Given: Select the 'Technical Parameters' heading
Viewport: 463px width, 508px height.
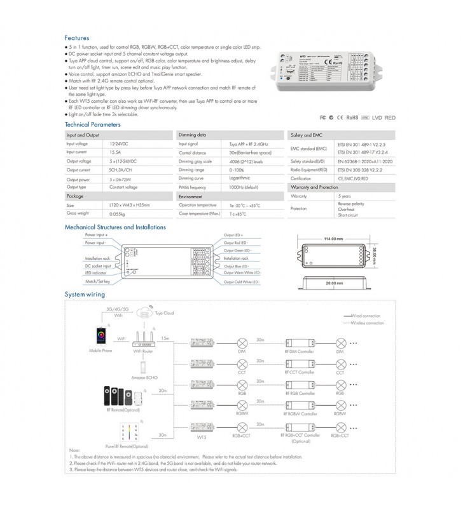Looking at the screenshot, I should tap(93, 125).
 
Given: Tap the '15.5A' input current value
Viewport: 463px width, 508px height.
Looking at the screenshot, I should tap(116, 153).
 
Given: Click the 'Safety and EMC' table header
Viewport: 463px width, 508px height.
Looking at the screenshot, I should tap(306, 135).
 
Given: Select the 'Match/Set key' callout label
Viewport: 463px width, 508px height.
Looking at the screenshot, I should tap(98, 281).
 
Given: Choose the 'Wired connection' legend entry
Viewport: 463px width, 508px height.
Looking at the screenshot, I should tap(368, 315).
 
